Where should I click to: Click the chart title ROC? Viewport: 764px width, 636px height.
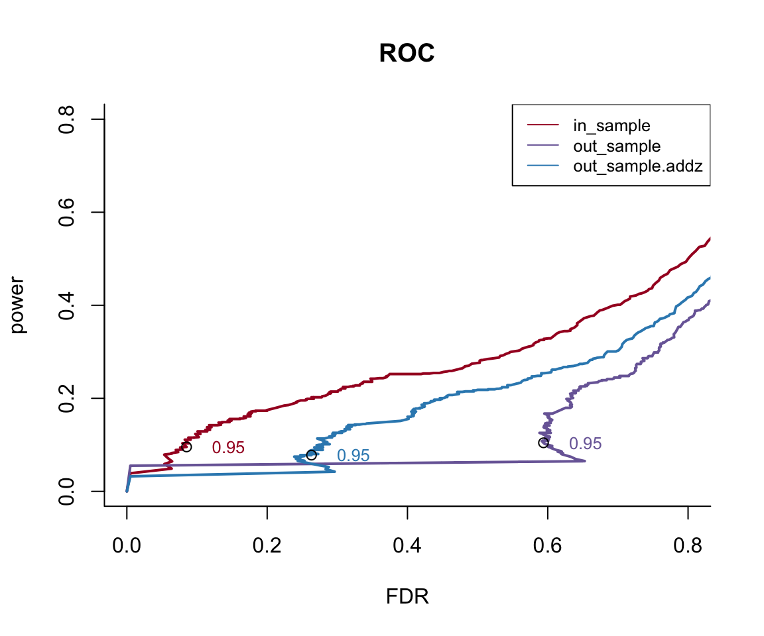click(x=407, y=54)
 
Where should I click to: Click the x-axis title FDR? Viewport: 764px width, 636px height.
click(x=407, y=597)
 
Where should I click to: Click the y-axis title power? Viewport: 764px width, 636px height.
click(x=18, y=305)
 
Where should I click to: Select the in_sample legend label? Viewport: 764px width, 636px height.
click(x=611, y=125)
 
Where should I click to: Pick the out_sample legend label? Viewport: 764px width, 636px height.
click(x=617, y=146)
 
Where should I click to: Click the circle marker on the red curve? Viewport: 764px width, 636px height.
click(x=186, y=447)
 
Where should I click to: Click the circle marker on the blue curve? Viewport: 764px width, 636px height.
click(x=311, y=454)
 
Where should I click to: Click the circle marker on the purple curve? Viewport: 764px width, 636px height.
click(x=543, y=443)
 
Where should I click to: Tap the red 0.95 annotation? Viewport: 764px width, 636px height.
click(x=228, y=448)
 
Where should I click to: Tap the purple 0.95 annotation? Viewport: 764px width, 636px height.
click(x=585, y=444)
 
